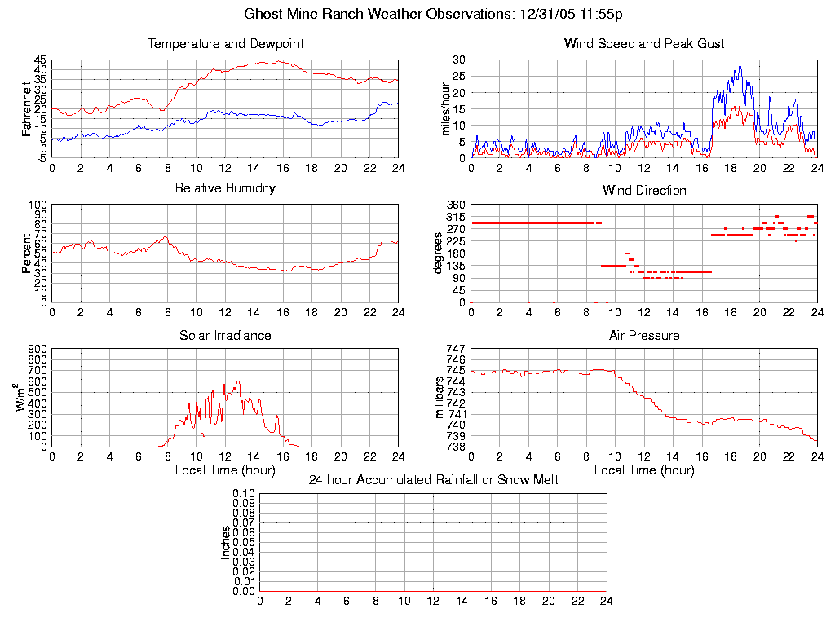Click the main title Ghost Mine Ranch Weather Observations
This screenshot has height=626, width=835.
coord(434,14)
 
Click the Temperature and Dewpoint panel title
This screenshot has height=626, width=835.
coord(225,44)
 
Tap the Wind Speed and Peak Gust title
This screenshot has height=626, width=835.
coord(644,44)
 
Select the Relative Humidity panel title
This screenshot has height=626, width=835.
coord(225,188)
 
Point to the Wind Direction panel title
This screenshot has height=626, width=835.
coord(644,191)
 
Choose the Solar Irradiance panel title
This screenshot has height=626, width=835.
coord(225,335)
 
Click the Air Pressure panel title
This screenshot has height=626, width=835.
coord(644,335)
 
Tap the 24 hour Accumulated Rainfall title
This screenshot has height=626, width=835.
coord(434,480)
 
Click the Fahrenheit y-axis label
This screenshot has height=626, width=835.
coord(26,108)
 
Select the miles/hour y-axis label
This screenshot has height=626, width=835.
coord(445,108)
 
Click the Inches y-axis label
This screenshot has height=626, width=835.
coord(226,542)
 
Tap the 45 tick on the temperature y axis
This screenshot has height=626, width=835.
coord(40,60)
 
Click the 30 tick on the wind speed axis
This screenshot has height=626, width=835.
coord(458,60)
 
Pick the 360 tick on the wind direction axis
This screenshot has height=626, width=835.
coord(456,205)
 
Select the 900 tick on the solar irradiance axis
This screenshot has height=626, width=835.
coord(38,349)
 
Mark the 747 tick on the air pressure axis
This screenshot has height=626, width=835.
coord(456,349)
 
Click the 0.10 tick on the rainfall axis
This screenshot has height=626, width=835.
coord(244,493)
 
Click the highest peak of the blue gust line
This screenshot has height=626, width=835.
coord(740,67)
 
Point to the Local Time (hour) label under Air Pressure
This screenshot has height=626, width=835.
coord(644,470)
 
